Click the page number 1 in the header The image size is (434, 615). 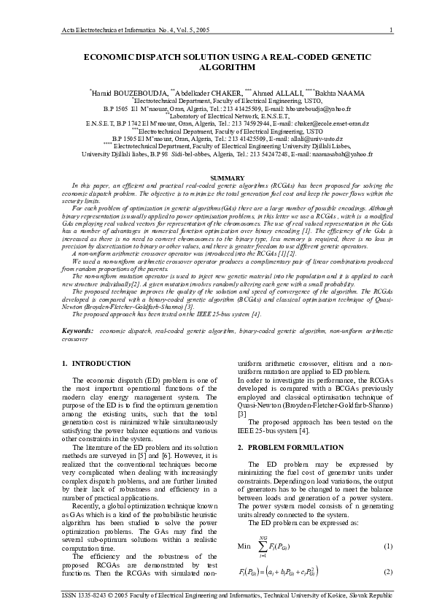pos(392,29)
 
